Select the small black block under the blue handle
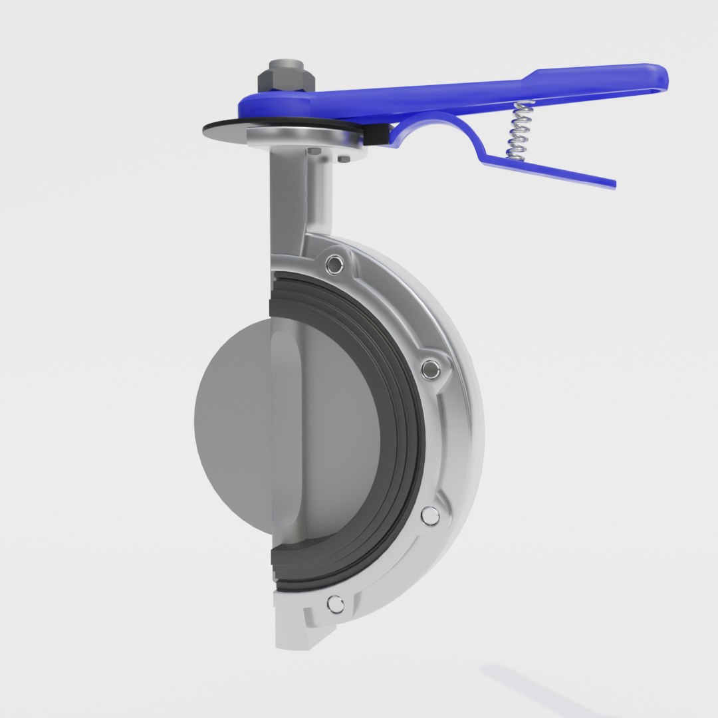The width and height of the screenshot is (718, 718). coord(375,135)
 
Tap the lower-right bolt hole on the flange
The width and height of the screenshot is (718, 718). coord(430,515)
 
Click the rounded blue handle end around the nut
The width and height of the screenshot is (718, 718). coord(259,104)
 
